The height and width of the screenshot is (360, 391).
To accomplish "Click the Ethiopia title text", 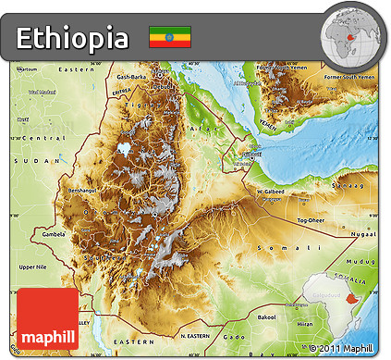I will (x=73, y=38).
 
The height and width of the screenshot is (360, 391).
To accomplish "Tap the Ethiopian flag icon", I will (x=169, y=37).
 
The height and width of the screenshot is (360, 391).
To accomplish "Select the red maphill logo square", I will (x=47, y=318).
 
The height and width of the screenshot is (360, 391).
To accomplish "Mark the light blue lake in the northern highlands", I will (x=124, y=148).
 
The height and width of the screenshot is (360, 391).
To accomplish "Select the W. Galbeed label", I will (x=271, y=192).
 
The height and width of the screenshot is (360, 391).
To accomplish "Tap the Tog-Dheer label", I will (x=310, y=221).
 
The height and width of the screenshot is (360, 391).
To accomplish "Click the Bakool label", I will (x=266, y=317).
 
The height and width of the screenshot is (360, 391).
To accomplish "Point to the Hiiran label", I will (x=306, y=325).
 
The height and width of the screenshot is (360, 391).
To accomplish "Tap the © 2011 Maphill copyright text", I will (x=344, y=348).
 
